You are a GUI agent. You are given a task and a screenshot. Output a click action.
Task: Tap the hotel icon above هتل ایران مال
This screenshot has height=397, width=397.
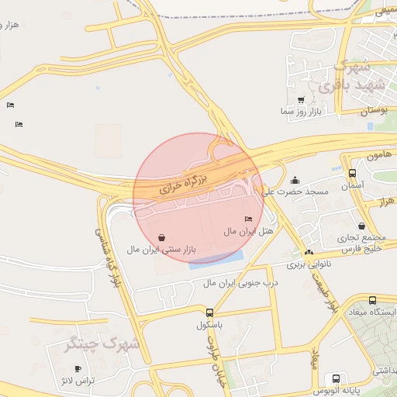click(x=248, y=219)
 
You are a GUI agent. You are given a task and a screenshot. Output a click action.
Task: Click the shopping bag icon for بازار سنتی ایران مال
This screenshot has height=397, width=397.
click(x=161, y=237)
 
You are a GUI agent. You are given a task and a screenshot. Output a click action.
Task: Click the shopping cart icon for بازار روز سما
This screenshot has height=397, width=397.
click(x=301, y=100)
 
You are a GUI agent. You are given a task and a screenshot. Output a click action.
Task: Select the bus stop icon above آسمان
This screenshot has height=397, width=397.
click(x=353, y=174)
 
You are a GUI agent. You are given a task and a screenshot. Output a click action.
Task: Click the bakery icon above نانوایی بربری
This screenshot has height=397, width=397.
click(x=309, y=252)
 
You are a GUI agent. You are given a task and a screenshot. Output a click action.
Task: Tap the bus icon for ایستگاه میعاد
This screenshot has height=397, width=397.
click(x=373, y=300)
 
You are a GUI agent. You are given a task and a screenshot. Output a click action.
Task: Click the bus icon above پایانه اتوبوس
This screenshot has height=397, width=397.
click(x=335, y=379)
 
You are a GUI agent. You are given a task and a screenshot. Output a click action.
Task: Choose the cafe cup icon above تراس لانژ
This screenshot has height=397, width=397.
click(x=77, y=368)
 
